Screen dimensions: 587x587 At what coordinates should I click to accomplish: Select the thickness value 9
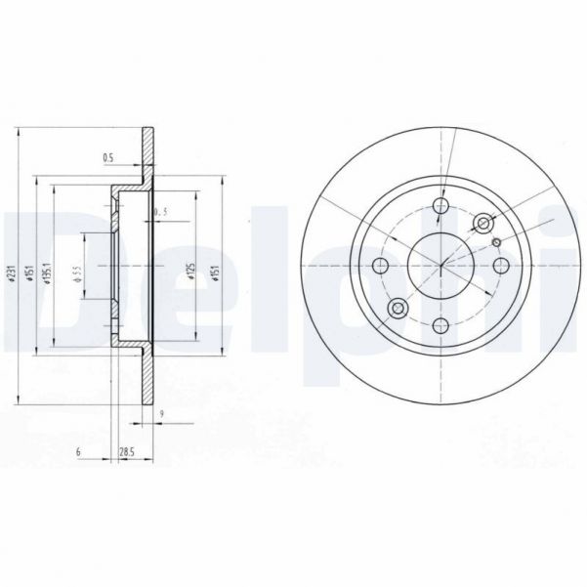coord(159,415)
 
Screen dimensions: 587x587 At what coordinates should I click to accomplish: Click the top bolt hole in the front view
coord(440,206)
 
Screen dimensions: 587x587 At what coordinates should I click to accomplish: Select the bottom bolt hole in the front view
coord(440,325)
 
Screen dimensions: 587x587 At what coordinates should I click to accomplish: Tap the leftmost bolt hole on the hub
coord(381,266)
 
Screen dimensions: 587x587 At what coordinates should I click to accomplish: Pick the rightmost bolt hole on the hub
coord(500,266)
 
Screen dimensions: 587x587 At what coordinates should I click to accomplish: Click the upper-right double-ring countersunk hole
coord(482,224)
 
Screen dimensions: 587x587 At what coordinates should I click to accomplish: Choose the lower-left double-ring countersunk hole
coord(398,309)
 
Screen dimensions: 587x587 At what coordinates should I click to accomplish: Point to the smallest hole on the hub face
coord(496,242)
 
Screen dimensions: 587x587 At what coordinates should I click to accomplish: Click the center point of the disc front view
coord(440,266)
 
